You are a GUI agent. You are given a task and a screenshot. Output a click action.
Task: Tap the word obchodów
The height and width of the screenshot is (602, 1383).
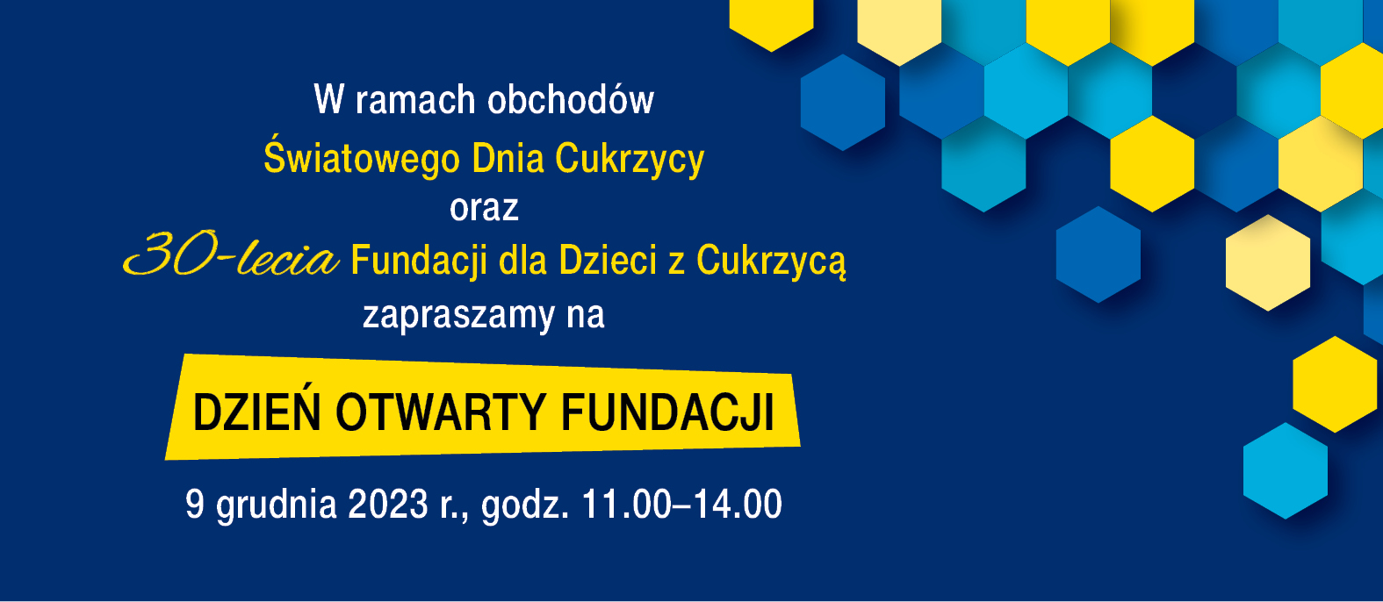click(571, 99)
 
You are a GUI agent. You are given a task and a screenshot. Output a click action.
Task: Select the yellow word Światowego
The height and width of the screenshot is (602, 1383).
click(362, 157)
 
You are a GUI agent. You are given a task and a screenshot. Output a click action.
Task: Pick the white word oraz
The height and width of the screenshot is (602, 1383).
click(484, 209)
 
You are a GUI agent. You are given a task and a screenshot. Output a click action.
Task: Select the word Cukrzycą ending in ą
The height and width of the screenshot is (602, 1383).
click(771, 262)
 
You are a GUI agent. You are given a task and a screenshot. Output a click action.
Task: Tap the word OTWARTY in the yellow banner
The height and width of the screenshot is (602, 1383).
click(441, 412)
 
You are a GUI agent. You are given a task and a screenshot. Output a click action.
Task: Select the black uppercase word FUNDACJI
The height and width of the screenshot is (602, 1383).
click(667, 412)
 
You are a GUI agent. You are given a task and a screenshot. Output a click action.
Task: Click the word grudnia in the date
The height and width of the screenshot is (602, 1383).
click(277, 505)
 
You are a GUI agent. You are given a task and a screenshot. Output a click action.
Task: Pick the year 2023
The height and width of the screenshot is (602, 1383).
click(388, 504)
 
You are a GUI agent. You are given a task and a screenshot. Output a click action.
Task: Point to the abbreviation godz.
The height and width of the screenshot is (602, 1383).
click(525, 505)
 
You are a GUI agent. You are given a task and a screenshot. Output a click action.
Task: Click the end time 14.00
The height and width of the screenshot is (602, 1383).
click(738, 504)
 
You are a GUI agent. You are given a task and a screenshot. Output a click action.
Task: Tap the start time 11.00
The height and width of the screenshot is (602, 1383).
click(626, 504)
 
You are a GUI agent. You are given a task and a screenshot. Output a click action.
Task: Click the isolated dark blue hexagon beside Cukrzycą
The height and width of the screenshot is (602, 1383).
click(1098, 254)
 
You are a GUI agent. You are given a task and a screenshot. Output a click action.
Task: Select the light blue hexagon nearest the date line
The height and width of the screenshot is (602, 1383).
click(1286, 470)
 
